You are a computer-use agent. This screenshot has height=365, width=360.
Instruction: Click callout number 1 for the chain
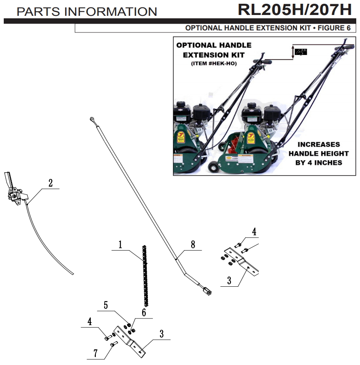120,245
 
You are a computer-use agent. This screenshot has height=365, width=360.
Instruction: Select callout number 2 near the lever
50,183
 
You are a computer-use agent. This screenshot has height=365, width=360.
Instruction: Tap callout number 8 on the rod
193,245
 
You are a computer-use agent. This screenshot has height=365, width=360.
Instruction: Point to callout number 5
106,305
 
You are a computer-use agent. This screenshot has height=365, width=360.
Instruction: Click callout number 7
95,353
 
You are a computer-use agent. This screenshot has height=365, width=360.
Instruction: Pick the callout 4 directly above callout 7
90,322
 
